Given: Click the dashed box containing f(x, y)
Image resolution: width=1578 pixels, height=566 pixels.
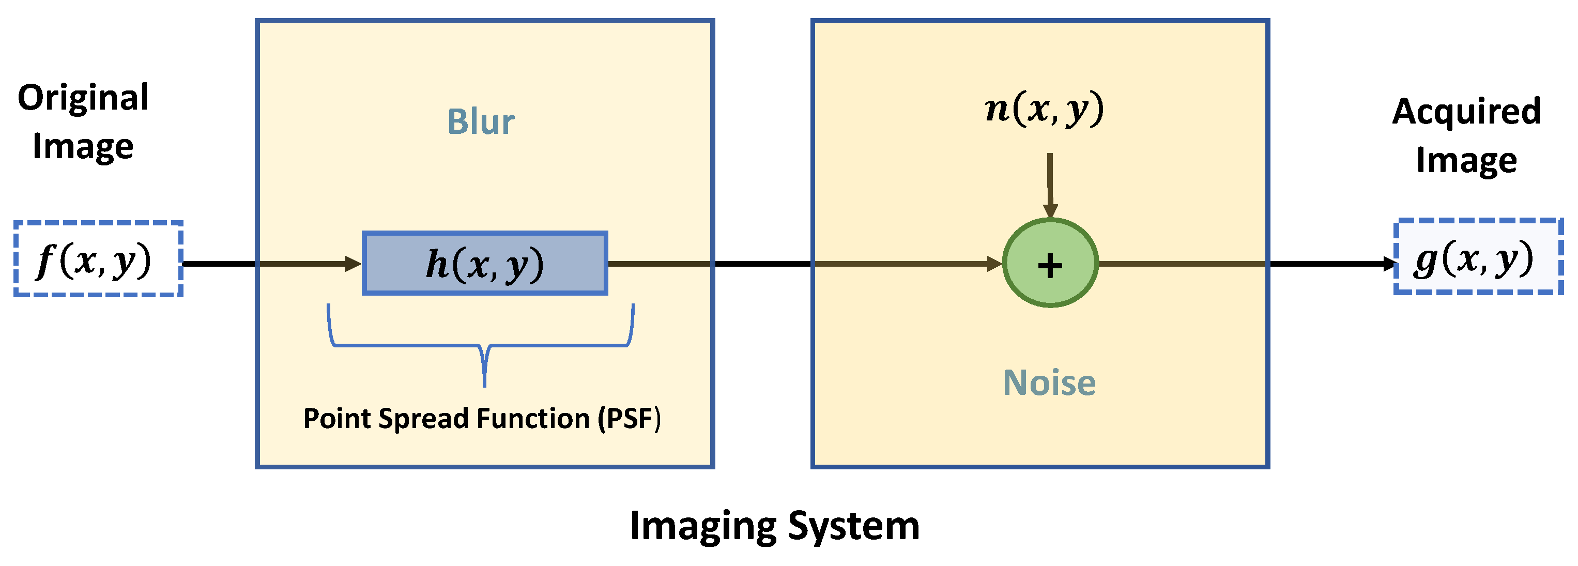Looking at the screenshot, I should pos(98,259).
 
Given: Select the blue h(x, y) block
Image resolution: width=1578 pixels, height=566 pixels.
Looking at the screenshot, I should pos(484,264).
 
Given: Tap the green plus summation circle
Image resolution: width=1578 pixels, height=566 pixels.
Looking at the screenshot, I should pos(1050,264).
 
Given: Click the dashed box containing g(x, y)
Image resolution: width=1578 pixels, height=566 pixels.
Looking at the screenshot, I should pos(1478,257).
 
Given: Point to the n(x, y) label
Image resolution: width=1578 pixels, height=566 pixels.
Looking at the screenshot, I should pos(1045,109).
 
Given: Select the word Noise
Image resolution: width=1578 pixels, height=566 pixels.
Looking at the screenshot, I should pos(1049,383).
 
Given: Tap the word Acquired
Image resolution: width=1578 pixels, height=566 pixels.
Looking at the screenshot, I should pos(1466,112).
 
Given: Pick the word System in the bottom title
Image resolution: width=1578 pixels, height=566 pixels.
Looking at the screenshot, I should pos(853,526).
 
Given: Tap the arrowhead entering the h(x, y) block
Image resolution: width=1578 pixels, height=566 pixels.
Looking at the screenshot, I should pos(354,264).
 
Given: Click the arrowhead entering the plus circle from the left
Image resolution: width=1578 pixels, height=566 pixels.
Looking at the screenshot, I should pos(995,264).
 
